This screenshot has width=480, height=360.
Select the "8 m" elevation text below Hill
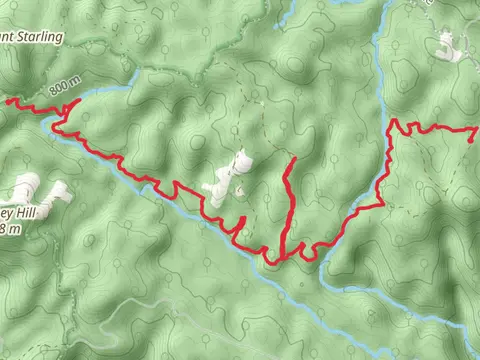(x=9, y=229)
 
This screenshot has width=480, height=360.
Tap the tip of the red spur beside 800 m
(x=78, y=100)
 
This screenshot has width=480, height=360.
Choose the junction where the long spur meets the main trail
(x=284, y=256)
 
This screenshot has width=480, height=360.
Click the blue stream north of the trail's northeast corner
(x=384, y=60)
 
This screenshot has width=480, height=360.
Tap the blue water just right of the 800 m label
(x=100, y=93)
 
